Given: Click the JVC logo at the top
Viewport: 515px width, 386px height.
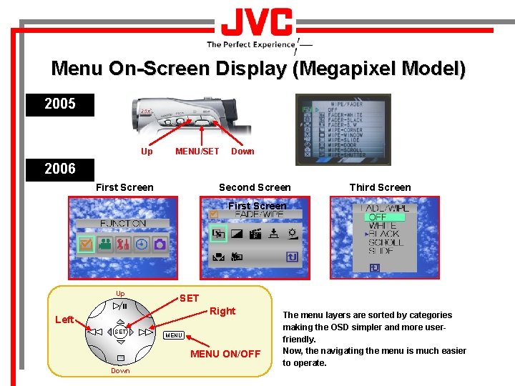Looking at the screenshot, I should point(257,24).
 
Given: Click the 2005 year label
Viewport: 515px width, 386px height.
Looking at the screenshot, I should point(60,104).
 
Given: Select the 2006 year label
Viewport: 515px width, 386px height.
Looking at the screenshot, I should point(60,169).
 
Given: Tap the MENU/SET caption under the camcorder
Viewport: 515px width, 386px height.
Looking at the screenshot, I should point(197,151).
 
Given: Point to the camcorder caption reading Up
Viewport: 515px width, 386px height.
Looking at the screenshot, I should point(147,151).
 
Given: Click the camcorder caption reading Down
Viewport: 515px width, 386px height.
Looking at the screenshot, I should point(242,151).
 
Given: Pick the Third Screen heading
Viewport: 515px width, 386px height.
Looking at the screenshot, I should point(380,187).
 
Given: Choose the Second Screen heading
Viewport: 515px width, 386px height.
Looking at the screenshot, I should point(255,187).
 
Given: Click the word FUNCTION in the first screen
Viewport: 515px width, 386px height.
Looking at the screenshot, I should point(123,223).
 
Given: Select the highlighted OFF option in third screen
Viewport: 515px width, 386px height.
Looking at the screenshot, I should point(377,217).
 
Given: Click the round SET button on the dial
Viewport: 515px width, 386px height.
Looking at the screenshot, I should point(120,332).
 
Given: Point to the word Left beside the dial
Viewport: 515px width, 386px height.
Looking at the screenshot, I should point(64,320).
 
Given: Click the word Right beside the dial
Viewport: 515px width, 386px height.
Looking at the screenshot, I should point(222,311).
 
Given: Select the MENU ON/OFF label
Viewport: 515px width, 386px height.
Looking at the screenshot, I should point(225,354).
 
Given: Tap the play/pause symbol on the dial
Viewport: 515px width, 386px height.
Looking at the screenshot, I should point(120,306).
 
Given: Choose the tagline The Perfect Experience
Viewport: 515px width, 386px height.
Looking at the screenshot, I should point(250,44).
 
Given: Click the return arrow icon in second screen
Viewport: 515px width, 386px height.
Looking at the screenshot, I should point(292,257).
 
